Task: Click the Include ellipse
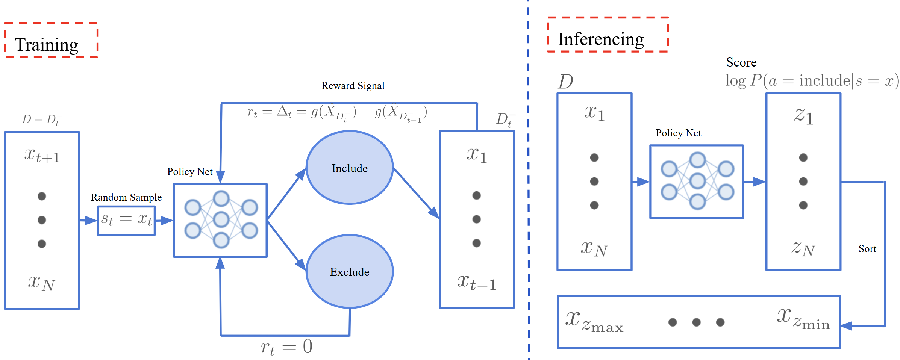350,168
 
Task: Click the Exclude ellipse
350,272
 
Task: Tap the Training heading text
47,45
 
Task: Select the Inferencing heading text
601,39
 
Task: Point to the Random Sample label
126,197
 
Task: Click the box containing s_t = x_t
126,220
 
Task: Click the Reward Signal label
353,86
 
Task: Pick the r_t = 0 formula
286,346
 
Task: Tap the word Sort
867,249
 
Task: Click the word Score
741,62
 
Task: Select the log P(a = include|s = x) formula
812,81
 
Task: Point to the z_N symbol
803,249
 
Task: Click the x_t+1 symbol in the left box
42,155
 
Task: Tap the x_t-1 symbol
477,282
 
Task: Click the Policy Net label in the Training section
190,172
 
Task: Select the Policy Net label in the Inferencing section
678,133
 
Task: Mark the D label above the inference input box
565,82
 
